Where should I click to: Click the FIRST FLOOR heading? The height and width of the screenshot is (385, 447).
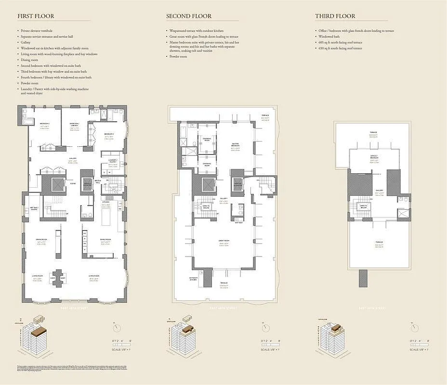(36, 16)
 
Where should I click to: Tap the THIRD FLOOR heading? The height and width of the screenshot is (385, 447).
(335, 16)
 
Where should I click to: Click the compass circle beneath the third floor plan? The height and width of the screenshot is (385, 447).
(413, 328)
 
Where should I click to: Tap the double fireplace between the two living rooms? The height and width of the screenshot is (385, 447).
(59, 278)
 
